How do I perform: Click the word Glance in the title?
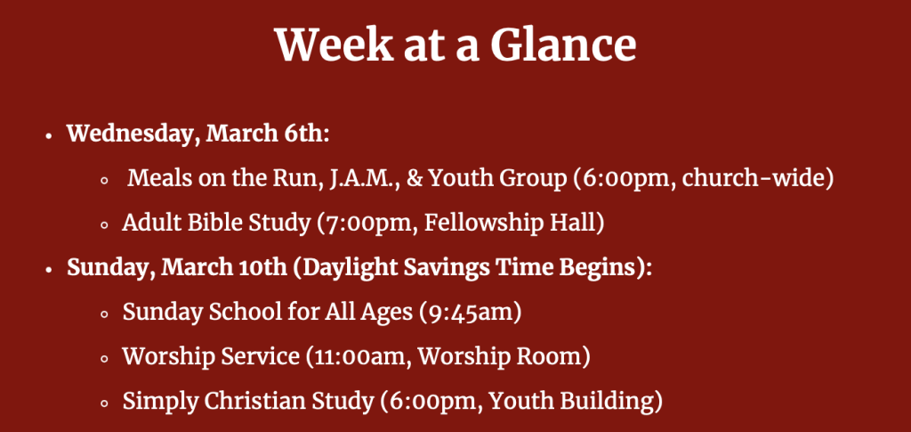point(563,45)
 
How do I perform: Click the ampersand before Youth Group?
point(414,178)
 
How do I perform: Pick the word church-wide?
point(753,178)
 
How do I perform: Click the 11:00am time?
point(361,356)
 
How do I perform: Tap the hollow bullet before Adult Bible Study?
point(105,225)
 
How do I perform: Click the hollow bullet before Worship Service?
point(105,359)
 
